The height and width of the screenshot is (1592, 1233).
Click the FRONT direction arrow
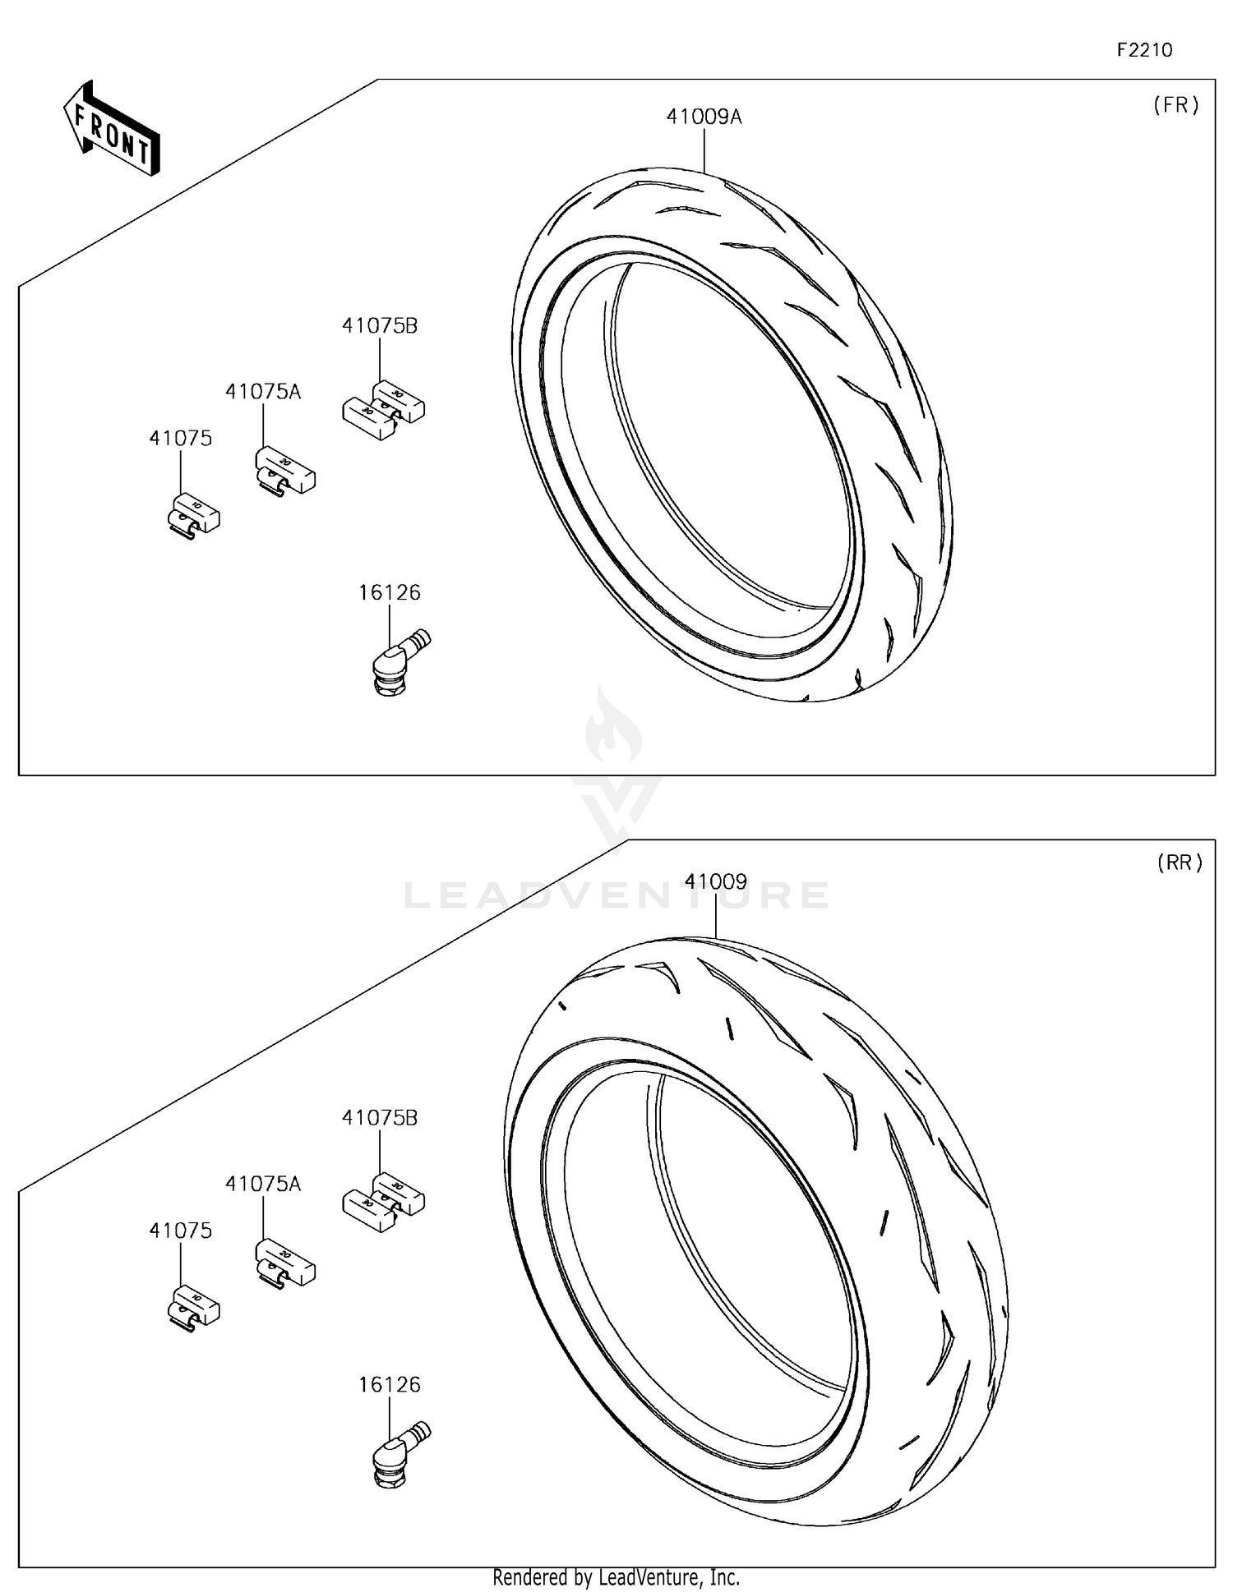pos(112,129)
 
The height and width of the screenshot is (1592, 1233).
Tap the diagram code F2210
pos(1144,50)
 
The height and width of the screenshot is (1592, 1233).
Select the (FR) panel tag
pos(1176,105)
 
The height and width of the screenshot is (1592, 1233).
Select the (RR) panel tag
pos(1180,863)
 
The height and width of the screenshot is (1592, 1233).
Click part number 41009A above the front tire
pos(704,117)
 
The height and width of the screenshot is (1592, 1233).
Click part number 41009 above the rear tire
pos(715,882)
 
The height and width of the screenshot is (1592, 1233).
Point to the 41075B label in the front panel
pos(380,326)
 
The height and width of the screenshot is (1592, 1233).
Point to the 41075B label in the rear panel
pos(380,1118)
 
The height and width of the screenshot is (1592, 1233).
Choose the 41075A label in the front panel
pos(263,393)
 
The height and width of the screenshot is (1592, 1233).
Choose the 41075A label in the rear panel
pos(263,1185)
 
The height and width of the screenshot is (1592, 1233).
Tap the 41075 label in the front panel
pos(180,439)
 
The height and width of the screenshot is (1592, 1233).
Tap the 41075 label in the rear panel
pos(180,1231)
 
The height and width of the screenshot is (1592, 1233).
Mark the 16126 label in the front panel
pos(389,592)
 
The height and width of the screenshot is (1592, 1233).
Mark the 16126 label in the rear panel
pos(389,1385)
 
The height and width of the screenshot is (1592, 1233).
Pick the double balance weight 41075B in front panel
pos(383,408)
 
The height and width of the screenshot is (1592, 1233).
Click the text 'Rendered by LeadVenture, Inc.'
pos(616,1577)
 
